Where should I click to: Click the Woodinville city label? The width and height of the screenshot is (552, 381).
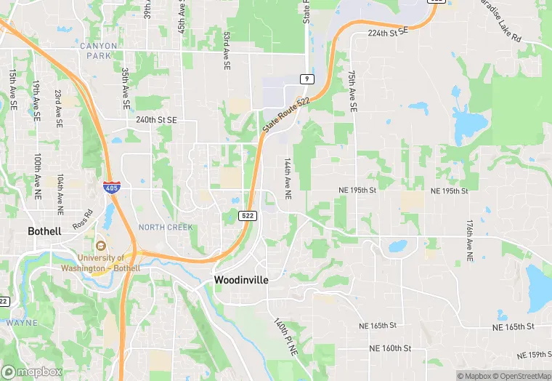click(x=240, y=280)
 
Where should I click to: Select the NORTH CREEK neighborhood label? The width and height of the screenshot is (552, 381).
click(x=166, y=228)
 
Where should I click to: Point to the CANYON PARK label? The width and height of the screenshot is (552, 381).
click(x=98, y=51)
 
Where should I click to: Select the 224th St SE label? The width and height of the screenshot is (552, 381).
click(x=389, y=33)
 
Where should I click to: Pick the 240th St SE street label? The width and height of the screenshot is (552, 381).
click(x=151, y=120)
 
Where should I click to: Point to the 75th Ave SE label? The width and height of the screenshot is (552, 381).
click(x=352, y=91)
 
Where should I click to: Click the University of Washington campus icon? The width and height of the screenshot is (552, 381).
click(x=100, y=246)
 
